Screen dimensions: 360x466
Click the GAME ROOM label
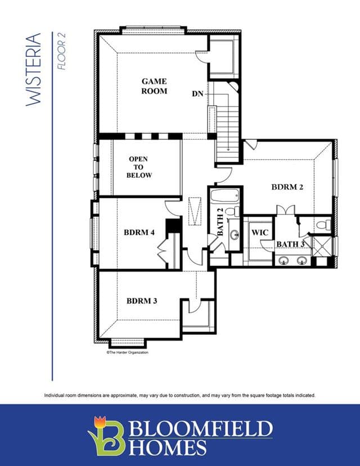click(x=154, y=86)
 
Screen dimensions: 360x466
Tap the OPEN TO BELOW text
click(x=139, y=167)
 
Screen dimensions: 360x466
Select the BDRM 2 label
click(x=287, y=187)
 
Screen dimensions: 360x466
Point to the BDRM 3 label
click(x=142, y=301)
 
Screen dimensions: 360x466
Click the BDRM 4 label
click(x=139, y=232)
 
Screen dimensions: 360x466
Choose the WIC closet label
click(x=260, y=232)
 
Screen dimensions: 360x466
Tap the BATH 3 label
click(x=290, y=244)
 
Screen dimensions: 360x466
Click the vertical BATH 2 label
click(x=220, y=222)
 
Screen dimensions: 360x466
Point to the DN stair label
click(x=197, y=94)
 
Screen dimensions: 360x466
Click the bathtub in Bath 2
click(x=225, y=196)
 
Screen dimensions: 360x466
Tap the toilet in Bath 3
click(x=324, y=225)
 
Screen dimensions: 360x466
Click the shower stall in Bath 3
click(x=322, y=246)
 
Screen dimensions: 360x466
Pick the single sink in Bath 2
click(x=235, y=235)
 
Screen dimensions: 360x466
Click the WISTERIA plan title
click(x=33, y=70)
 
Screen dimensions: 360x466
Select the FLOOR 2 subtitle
click(x=61, y=51)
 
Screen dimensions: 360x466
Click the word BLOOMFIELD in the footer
click(x=201, y=429)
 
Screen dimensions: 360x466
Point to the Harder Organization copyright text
click(x=127, y=352)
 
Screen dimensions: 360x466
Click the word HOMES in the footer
click(x=168, y=448)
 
